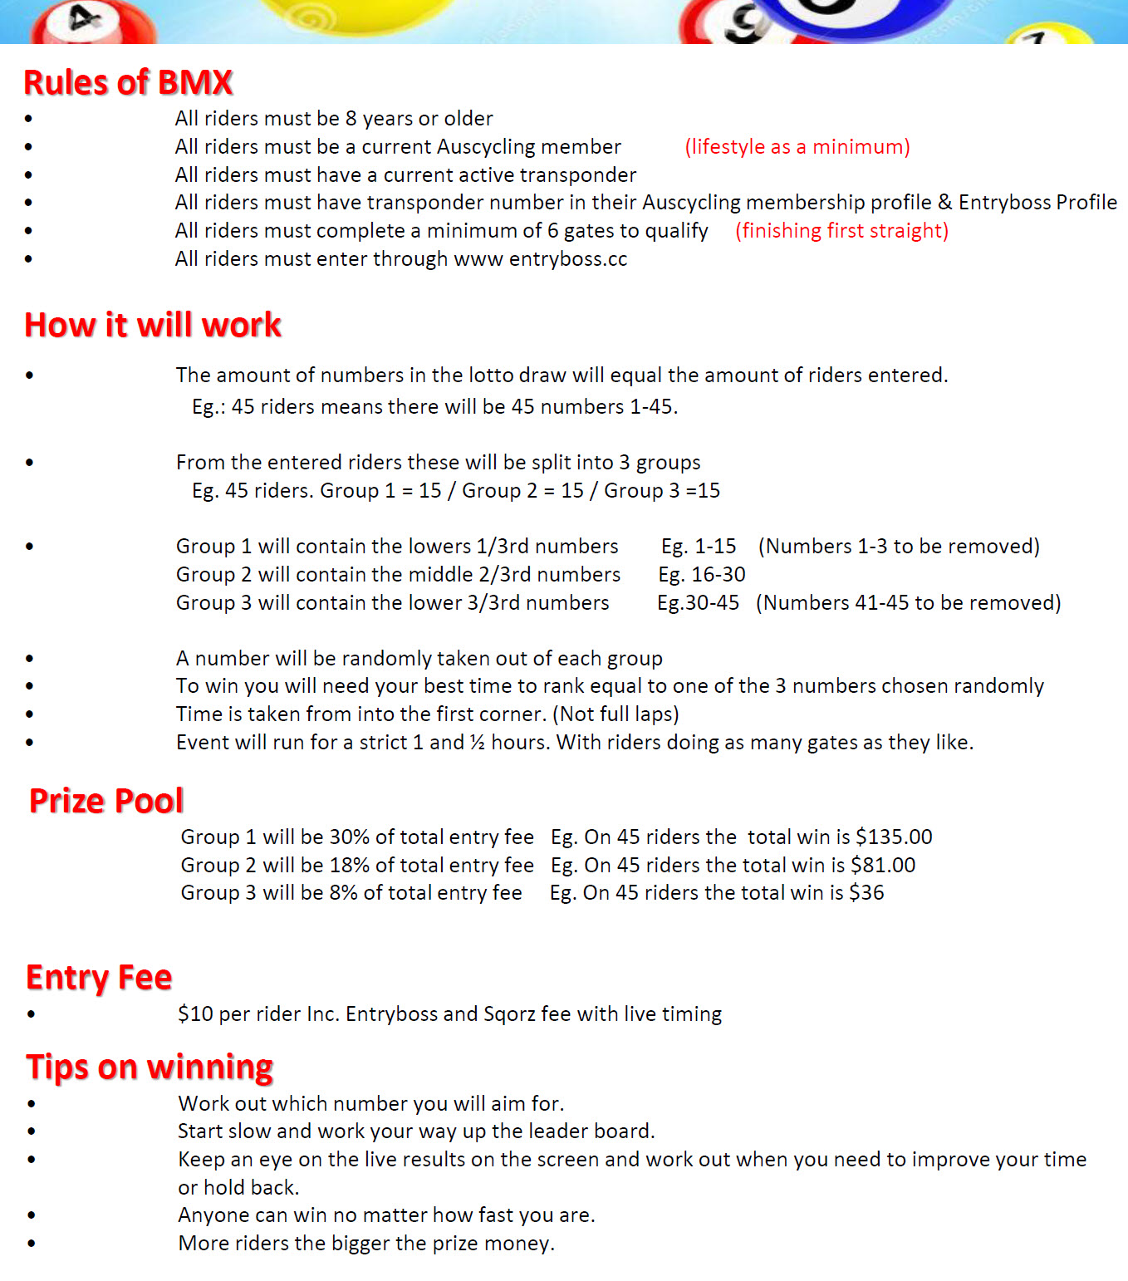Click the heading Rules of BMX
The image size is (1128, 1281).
(128, 82)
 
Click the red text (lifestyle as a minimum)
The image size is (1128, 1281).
(797, 147)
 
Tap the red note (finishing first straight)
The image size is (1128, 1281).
(841, 231)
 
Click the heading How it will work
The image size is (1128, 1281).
(153, 325)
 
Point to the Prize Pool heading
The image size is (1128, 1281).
(106, 800)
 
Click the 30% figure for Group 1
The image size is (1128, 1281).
(350, 837)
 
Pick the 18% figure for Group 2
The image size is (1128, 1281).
(350, 865)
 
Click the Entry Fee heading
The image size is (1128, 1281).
(99, 977)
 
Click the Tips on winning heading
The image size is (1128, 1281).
(150, 1067)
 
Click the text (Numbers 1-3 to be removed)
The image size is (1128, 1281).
(899, 547)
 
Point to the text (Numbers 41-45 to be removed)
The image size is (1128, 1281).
(908, 603)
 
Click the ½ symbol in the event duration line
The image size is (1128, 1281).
(477, 742)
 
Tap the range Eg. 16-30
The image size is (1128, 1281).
(702, 575)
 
